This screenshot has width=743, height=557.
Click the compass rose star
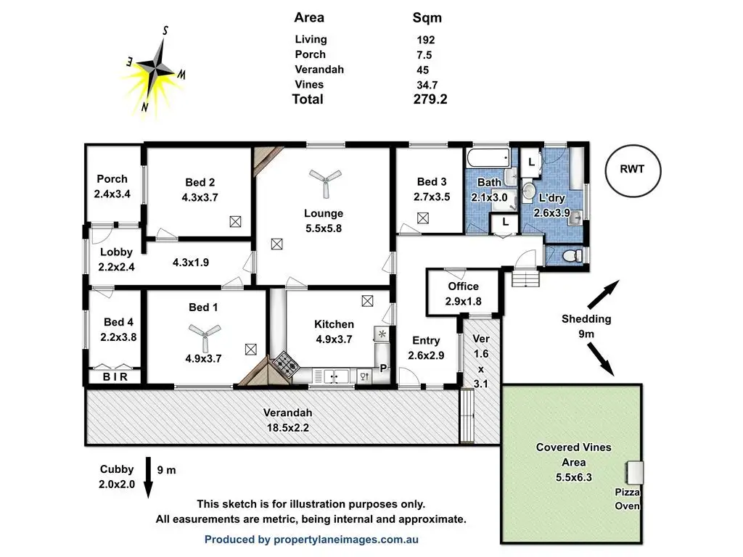(155, 70)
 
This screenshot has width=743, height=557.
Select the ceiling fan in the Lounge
(325, 182)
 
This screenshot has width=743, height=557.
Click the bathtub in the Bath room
(488, 158)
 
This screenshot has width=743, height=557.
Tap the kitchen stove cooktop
(286, 364)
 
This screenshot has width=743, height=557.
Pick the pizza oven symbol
(634, 472)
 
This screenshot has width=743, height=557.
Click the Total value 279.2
(430, 99)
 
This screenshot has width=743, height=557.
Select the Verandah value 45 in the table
(423, 70)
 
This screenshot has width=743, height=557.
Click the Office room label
(463, 286)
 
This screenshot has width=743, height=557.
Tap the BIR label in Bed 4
(115, 377)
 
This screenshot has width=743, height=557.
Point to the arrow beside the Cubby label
(148, 477)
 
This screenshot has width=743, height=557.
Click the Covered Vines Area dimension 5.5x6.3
(574, 477)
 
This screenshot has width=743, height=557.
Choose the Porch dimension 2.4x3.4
(112, 194)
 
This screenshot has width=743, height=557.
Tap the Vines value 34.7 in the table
(427, 86)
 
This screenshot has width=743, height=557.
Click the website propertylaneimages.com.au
(346, 540)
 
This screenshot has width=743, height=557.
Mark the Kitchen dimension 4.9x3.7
(334, 339)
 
